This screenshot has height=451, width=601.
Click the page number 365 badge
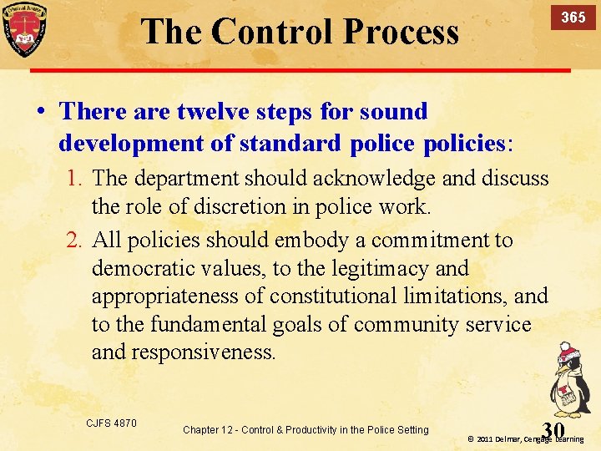point(572,18)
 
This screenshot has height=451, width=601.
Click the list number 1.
point(76,178)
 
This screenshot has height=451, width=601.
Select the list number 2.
point(76,241)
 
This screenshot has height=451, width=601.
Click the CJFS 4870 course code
point(111,423)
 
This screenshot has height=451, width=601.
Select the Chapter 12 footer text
point(305,429)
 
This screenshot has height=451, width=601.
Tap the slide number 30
point(553,429)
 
